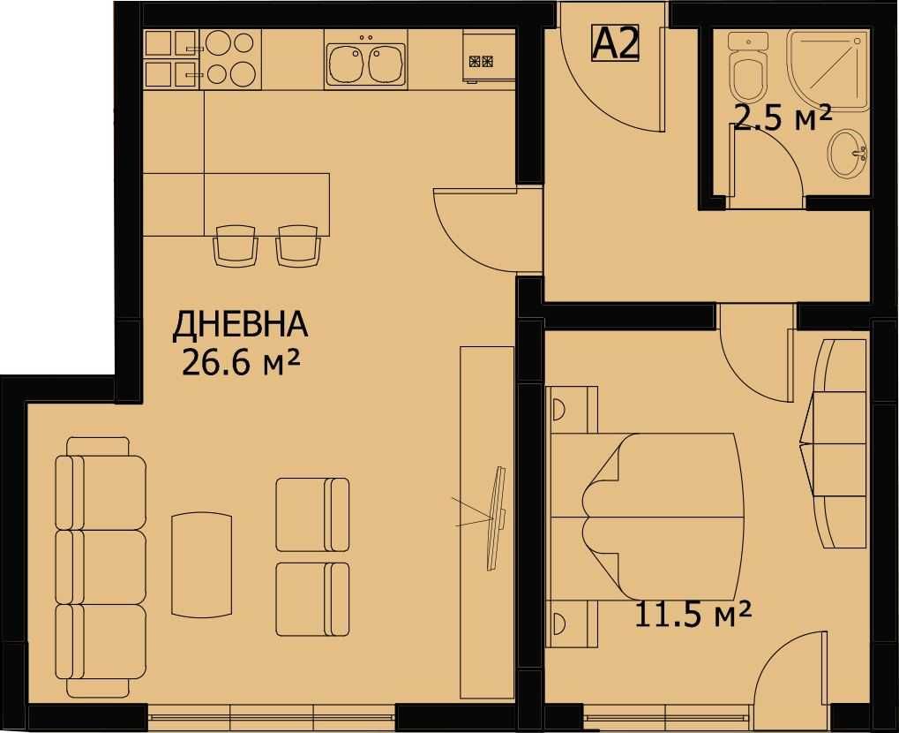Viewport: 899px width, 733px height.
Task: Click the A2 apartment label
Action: coord(616,42)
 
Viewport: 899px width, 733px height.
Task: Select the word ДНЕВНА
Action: coord(240,325)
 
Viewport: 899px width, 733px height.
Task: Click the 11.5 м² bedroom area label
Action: coord(693,612)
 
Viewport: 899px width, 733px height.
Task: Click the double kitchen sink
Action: coord(364,63)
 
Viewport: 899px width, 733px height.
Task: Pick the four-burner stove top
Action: coord(230,58)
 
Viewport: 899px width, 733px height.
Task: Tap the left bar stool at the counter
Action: coord(236,246)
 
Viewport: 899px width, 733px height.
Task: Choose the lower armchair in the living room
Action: coord(312,599)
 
